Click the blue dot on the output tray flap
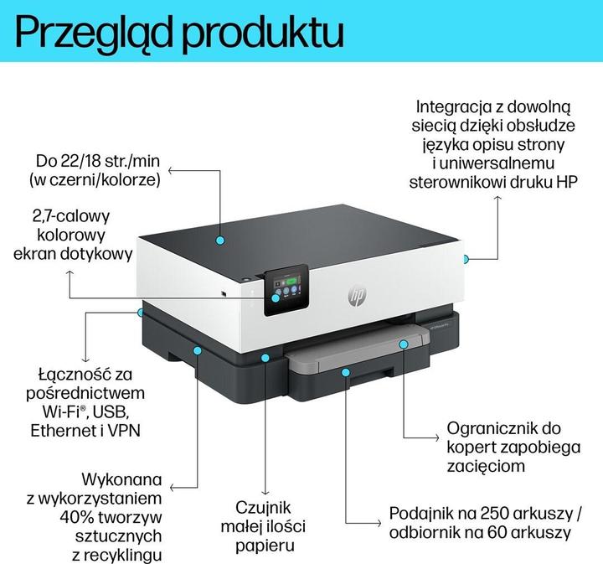click(x=403, y=343)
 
